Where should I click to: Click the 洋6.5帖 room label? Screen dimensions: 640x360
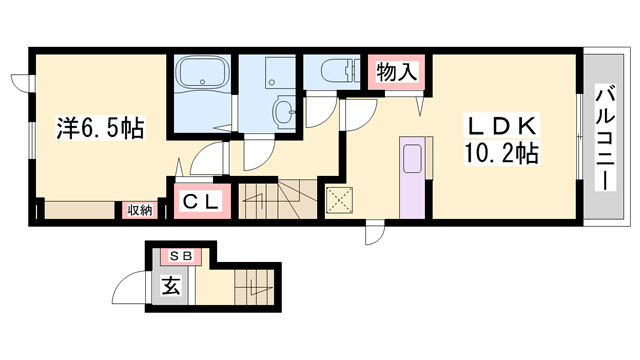pyautogui.click(x=100, y=128)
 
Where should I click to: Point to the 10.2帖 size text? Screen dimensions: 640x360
pyautogui.click(x=501, y=153)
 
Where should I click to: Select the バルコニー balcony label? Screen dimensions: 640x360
pyautogui.click(x=605, y=137)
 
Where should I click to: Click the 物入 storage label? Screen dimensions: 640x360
pyautogui.click(x=397, y=72)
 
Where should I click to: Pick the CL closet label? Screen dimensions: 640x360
pyautogui.click(x=200, y=201)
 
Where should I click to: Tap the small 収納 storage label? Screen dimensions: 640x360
pyautogui.click(x=140, y=211)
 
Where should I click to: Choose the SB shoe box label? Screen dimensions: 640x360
pyautogui.click(x=181, y=256)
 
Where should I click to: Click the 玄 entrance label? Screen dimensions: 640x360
pyautogui.click(x=171, y=286)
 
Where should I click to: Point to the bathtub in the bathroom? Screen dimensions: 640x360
pyautogui.click(x=202, y=73)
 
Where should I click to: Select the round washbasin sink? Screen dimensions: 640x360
pyautogui.click(x=284, y=110)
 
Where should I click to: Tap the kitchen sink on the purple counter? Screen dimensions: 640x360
pyautogui.click(x=412, y=159)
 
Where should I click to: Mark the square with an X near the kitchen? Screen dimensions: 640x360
pyautogui.click(x=339, y=200)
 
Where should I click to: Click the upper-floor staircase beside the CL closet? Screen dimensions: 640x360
pyautogui.click(x=278, y=200)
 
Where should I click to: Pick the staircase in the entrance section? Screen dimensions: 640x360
pyautogui.click(x=254, y=287)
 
